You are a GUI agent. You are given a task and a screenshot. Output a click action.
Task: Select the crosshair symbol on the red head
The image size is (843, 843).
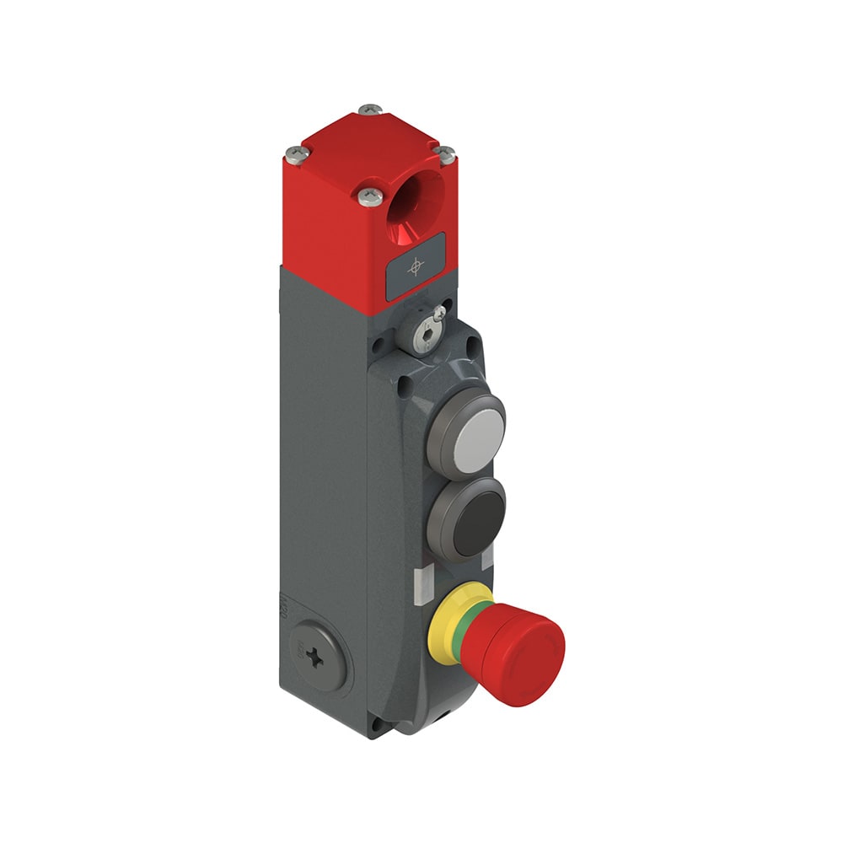415,267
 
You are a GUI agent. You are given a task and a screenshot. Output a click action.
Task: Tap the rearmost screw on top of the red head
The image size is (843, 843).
369,110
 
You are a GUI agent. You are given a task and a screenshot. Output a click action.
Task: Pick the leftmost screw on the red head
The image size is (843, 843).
293,153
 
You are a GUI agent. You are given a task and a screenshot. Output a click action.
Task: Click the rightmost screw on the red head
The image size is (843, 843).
445,155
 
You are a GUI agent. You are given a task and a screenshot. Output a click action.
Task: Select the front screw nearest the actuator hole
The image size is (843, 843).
368,197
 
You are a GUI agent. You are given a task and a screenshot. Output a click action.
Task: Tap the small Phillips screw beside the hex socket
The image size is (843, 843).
438,313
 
